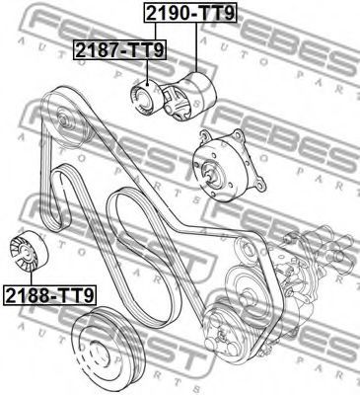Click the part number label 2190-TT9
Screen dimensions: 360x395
click(x=190, y=14)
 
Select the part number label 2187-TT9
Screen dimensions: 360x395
click(x=120, y=49)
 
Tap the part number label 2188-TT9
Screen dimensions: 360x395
click(x=49, y=295)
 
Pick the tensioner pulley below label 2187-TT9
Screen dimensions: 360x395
click(x=146, y=98)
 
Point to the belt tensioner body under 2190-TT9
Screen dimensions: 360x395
click(x=190, y=97)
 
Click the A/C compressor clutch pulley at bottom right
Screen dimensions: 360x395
click(x=229, y=333)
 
